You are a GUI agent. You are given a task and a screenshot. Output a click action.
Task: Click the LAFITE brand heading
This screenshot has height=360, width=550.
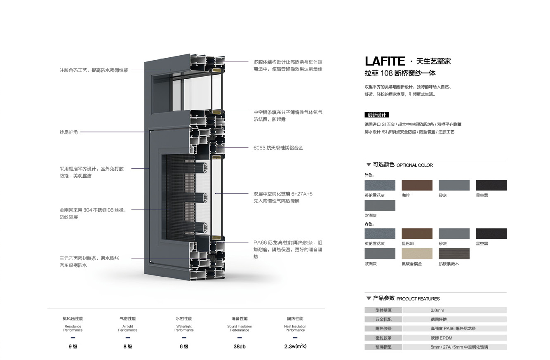pyautogui.click(x=385, y=61)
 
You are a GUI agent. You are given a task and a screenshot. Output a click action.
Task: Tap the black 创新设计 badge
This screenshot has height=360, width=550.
pyautogui.click(x=377, y=115)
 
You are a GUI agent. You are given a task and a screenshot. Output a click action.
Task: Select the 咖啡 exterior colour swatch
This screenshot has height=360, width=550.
pyautogui.click(x=417, y=185)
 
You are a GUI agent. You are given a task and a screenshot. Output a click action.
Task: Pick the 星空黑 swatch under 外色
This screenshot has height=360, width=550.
pyautogui.click(x=491, y=185)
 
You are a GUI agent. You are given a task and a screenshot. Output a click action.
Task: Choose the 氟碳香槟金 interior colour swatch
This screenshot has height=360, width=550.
pyautogui.click(x=417, y=254)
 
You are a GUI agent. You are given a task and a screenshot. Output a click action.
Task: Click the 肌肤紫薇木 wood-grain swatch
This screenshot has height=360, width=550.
pyautogui.click(x=454, y=254)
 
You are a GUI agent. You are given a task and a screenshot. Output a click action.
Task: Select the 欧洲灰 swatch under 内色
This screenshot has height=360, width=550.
pyautogui.click(x=380, y=254)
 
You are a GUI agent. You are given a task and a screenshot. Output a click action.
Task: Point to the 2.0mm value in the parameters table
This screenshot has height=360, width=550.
pyautogui.click(x=437, y=311)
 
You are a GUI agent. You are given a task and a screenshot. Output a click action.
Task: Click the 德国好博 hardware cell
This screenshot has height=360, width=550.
pyautogui.click(x=439, y=320)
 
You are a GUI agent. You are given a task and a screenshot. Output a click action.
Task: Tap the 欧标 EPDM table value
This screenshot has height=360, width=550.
pyautogui.click(x=442, y=338)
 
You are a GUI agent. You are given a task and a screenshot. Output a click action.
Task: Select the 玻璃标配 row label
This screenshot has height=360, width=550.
pyautogui.click(x=383, y=347)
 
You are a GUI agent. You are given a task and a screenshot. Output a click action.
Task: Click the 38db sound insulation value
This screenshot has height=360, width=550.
pyautogui.click(x=240, y=346)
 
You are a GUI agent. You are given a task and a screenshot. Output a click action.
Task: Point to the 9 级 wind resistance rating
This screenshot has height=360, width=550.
pyautogui.click(x=73, y=346)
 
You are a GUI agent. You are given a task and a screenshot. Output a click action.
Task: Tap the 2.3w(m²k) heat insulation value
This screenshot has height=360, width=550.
pyautogui.click(x=295, y=346)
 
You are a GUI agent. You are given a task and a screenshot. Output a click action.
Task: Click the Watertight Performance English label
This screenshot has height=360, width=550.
pyautogui.click(x=184, y=328)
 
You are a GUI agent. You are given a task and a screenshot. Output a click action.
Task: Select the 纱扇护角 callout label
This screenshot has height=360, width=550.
pyautogui.click(x=68, y=132)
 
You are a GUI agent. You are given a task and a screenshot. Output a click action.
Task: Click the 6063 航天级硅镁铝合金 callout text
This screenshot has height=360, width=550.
pyautogui.click(x=278, y=148)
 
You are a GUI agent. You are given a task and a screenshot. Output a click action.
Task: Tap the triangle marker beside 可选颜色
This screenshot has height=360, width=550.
pyautogui.click(x=368, y=165)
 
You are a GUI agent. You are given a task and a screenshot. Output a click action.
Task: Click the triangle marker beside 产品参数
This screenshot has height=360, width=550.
pyautogui.click(x=368, y=299)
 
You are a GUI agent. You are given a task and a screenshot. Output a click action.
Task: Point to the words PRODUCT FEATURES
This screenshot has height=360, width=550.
pyautogui.click(x=418, y=299)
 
